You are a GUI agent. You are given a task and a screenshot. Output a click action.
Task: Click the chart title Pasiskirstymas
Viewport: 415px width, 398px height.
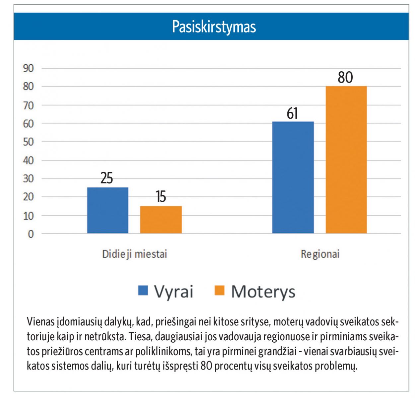214,27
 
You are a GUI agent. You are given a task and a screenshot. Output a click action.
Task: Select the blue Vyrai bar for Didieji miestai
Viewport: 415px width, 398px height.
108,210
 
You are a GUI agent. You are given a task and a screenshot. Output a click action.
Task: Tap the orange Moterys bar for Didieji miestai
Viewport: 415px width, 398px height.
161,220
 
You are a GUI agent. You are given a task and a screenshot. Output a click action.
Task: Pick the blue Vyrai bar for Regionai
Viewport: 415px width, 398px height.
293,177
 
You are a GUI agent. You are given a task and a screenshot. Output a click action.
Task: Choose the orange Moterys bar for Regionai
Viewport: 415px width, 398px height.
346,160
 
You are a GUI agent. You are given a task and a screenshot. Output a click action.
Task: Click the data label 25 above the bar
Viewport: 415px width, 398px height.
106,178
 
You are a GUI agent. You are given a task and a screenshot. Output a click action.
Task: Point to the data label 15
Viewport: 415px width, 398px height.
161,197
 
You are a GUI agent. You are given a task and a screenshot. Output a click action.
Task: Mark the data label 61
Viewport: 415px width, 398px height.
292,113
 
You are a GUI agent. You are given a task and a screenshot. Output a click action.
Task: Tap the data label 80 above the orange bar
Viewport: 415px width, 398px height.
345,77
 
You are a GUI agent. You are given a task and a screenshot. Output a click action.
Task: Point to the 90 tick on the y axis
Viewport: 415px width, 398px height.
29,68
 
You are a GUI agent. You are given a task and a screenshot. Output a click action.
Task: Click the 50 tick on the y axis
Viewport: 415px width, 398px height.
29,142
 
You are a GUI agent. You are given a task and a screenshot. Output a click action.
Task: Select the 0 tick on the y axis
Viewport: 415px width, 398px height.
31,234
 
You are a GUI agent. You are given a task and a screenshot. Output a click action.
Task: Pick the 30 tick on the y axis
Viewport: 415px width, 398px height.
29,179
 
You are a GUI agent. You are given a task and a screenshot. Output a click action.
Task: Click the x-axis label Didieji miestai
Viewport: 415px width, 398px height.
135,254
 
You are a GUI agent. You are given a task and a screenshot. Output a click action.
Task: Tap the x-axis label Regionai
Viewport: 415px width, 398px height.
320,254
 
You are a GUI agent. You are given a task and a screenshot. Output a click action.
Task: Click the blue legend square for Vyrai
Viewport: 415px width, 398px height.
143,290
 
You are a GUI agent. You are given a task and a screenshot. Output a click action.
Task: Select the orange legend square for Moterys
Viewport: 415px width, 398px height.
220,290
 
